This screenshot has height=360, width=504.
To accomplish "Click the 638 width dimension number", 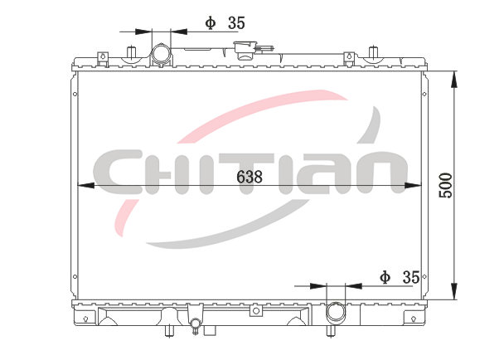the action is (250, 177).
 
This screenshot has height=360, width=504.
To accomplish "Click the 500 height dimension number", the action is (445, 185).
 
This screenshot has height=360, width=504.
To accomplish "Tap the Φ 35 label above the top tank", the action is (225, 23).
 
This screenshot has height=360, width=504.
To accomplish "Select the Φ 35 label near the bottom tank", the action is (400, 277).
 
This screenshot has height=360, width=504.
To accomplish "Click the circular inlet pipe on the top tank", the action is (161, 53).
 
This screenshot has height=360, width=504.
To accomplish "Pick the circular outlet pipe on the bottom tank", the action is (336, 312).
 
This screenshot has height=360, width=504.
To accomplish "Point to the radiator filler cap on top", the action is (246, 49).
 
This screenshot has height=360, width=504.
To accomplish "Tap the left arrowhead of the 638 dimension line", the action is (86, 186).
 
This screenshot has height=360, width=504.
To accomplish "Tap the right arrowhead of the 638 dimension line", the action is (413, 186).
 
